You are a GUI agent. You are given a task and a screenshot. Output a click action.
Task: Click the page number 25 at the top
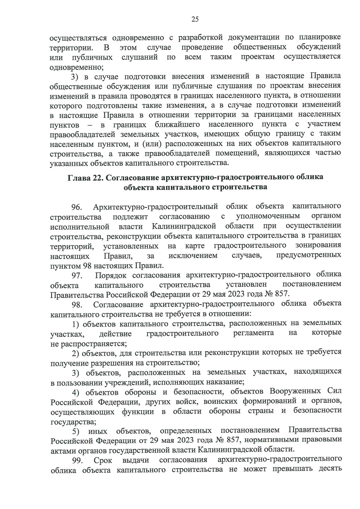[195, 19]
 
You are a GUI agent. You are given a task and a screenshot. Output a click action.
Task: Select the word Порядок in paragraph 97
[109, 275]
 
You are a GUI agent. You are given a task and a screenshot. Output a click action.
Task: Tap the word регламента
[253, 333]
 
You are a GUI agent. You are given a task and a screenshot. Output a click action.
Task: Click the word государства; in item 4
[73, 422]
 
